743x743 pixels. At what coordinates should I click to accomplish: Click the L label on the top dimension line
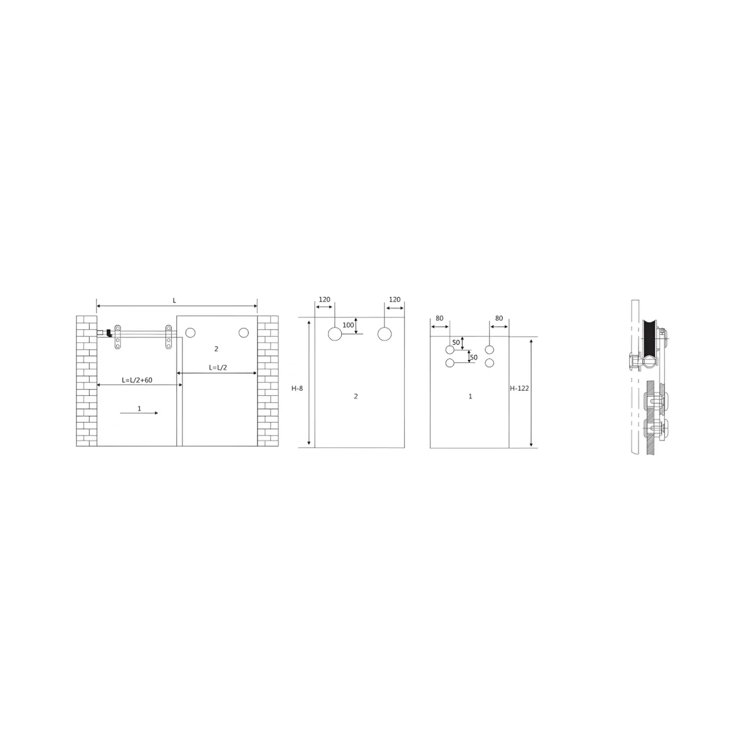point(174,301)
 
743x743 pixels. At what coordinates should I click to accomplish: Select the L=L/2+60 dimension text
point(137,380)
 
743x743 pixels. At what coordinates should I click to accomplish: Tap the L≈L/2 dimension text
point(218,367)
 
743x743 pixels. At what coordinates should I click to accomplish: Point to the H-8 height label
point(297,388)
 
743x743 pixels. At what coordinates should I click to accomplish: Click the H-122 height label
point(519,388)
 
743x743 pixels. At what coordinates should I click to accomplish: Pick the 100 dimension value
point(348,325)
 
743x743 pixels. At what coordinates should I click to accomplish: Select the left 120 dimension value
point(324,300)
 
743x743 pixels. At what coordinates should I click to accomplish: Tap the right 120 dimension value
point(395,300)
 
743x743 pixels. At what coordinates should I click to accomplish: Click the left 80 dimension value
point(439,318)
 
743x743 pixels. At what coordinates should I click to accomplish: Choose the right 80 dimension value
point(499,318)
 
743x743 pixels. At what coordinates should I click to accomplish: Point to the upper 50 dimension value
point(456,342)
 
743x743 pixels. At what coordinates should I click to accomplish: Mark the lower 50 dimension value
point(474,357)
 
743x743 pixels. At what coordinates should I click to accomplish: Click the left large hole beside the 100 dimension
point(335,334)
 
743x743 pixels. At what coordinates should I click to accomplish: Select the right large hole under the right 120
point(384,334)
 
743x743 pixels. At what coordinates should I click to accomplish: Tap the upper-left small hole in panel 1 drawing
point(450,350)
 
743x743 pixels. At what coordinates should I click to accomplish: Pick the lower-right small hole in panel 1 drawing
point(489,363)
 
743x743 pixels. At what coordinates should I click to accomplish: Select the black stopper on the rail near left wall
point(109,333)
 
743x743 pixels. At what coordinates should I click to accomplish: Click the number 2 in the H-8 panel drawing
point(356,396)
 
